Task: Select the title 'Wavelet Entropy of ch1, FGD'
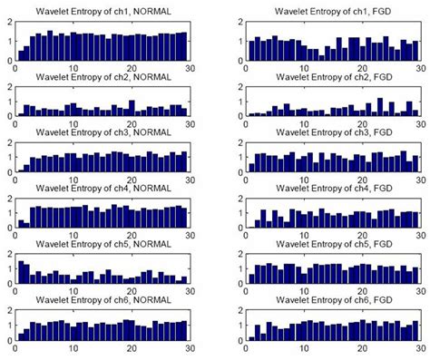(x=335, y=12)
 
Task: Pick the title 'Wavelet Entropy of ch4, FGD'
(x=335, y=189)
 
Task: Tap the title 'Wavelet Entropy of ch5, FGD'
(x=335, y=245)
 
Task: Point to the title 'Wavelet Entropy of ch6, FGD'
(x=335, y=300)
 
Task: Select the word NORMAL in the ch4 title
(x=155, y=189)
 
